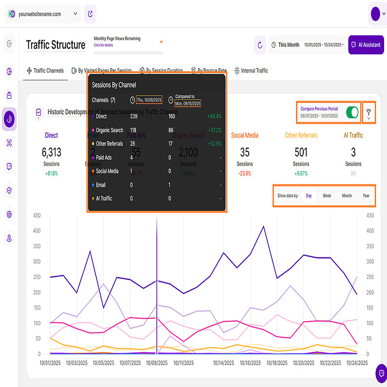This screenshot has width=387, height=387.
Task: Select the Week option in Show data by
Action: coord(327,196)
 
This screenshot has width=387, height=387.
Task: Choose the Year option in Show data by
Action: coord(366,196)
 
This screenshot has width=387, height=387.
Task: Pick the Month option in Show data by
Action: coord(347,196)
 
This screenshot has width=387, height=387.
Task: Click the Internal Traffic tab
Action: coord(251,71)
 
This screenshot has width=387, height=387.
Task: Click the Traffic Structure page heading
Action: coord(55,45)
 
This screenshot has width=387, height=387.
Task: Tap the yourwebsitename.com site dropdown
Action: coord(43,14)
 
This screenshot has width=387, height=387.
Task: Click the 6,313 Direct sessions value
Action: coord(52,152)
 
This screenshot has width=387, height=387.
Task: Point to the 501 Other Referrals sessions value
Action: coord(301,152)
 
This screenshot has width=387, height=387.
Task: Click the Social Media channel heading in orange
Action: coord(244,135)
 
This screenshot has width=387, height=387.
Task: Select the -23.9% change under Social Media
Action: coord(244,173)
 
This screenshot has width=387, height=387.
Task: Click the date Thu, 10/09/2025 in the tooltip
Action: coord(148,100)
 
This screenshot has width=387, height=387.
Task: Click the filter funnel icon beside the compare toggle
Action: coord(369,113)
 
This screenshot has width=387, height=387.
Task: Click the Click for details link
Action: coord(103,45)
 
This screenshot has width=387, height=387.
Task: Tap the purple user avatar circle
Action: coord(375,14)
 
